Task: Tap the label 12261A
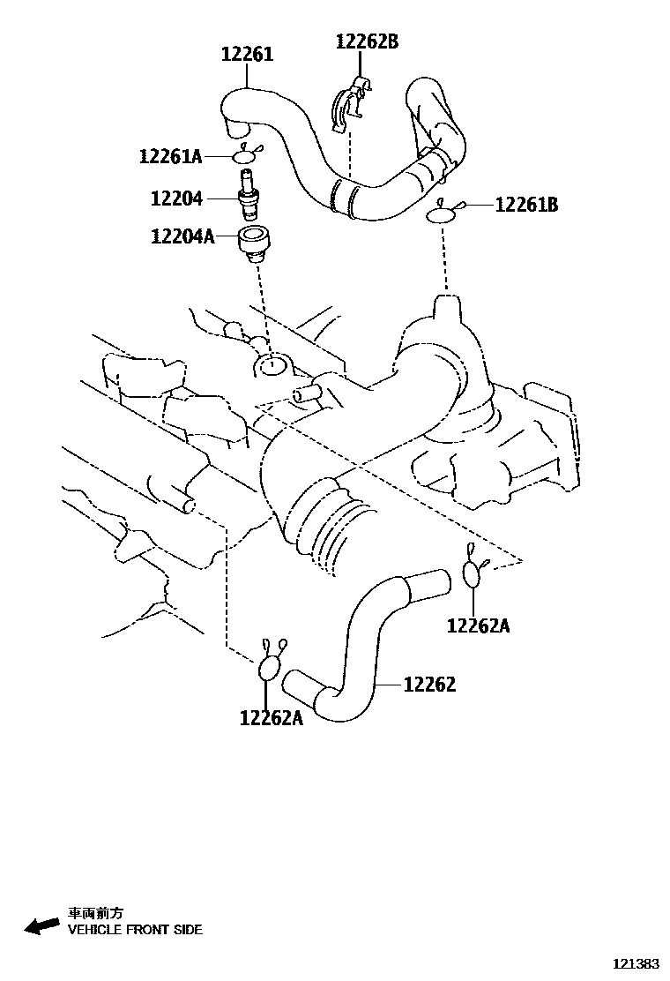169,157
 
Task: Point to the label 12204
176,199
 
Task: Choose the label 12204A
182,236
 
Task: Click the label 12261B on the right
526,205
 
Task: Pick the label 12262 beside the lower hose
429,684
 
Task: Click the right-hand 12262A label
478,625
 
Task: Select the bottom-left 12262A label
271,717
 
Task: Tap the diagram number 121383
636,963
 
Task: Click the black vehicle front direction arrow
41,925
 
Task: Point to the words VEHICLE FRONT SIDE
135,930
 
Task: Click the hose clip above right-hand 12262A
473,572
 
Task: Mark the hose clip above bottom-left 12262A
270,665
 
